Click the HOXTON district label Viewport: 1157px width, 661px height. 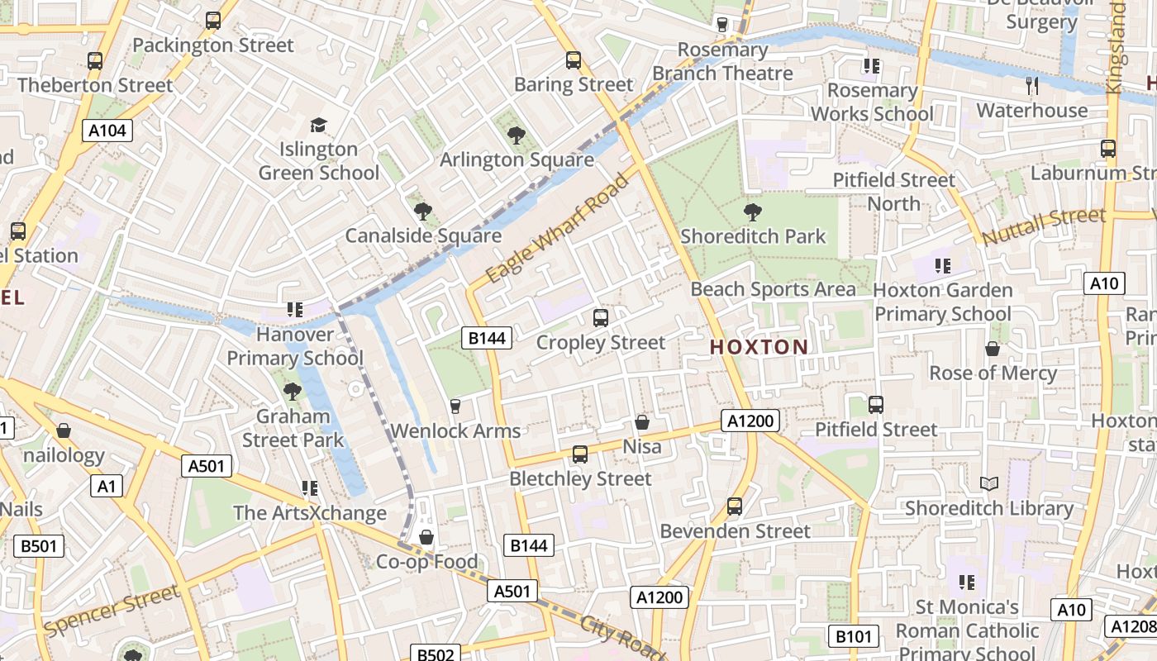tap(759, 347)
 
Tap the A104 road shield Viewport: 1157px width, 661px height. tap(108, 130)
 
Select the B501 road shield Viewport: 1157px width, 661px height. tap(39, 545)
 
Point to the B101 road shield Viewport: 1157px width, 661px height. tap(853, 636)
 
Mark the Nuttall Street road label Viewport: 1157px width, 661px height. tap(1044, 226)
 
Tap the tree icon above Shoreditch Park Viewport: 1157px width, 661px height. tap(752, 212)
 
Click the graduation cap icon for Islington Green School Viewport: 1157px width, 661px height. tap(318, 126)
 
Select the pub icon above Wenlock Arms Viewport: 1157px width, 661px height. tap(455, 406)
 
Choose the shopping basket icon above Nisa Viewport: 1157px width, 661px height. tap(642, 423)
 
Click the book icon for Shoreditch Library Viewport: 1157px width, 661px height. tap(988, 484)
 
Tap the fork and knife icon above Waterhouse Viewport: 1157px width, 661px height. tap(1031, 85)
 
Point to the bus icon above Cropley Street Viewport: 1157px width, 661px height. tap(601, 318)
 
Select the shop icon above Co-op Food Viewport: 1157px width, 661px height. tap(426, 538)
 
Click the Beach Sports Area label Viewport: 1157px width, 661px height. tap(773, 289)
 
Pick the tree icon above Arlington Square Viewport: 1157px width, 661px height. tap(517, 136)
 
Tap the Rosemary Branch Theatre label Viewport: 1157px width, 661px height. tap(722, 62)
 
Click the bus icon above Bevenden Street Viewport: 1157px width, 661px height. tap(735, 506)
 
